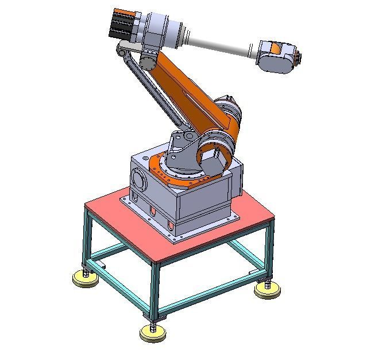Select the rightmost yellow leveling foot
[x=267, y=290]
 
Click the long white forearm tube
[x=219, y=43]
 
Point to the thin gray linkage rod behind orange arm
[x=155, y=92]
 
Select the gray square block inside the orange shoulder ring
[x=213, y=161]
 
